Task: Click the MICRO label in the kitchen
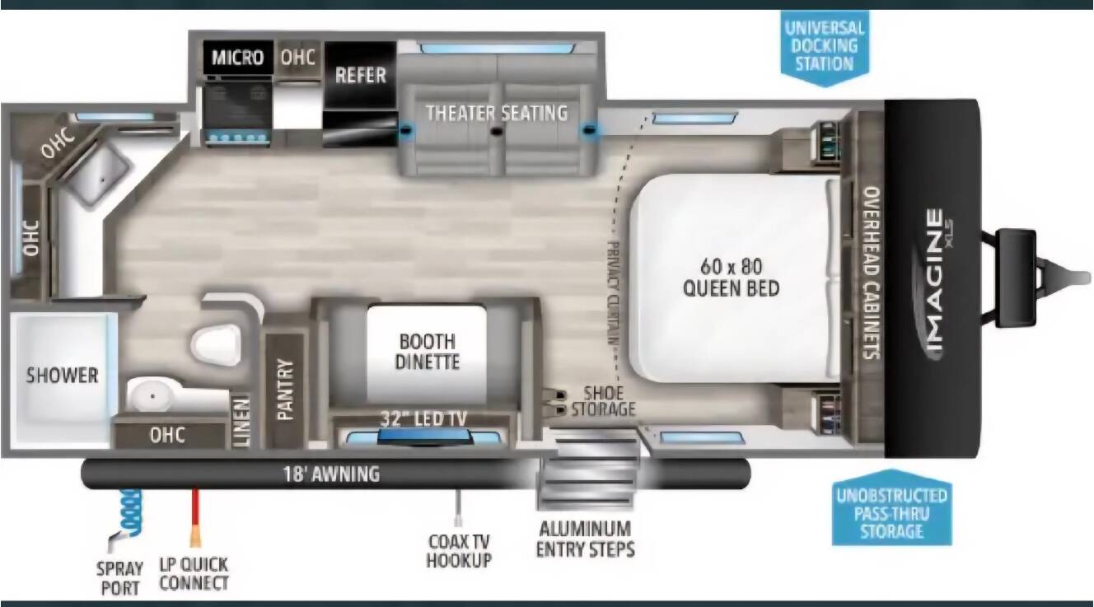[237, 58]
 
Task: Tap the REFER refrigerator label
[361, 75]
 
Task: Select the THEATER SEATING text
[497, 113]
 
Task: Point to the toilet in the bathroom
[217, 344]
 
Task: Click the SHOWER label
[62, 375]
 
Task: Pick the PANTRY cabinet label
[285, 390]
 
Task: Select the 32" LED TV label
[423, 418]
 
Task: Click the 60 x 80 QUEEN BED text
[731, 278]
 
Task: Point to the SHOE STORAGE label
[604, 401]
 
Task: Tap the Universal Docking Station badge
[825, 48]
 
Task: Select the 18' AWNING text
[332, 474]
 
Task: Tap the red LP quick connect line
[195, 516]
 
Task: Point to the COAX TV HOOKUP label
[459, 550]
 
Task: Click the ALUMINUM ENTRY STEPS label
[586, 539]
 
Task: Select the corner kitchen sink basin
[98, 175]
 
